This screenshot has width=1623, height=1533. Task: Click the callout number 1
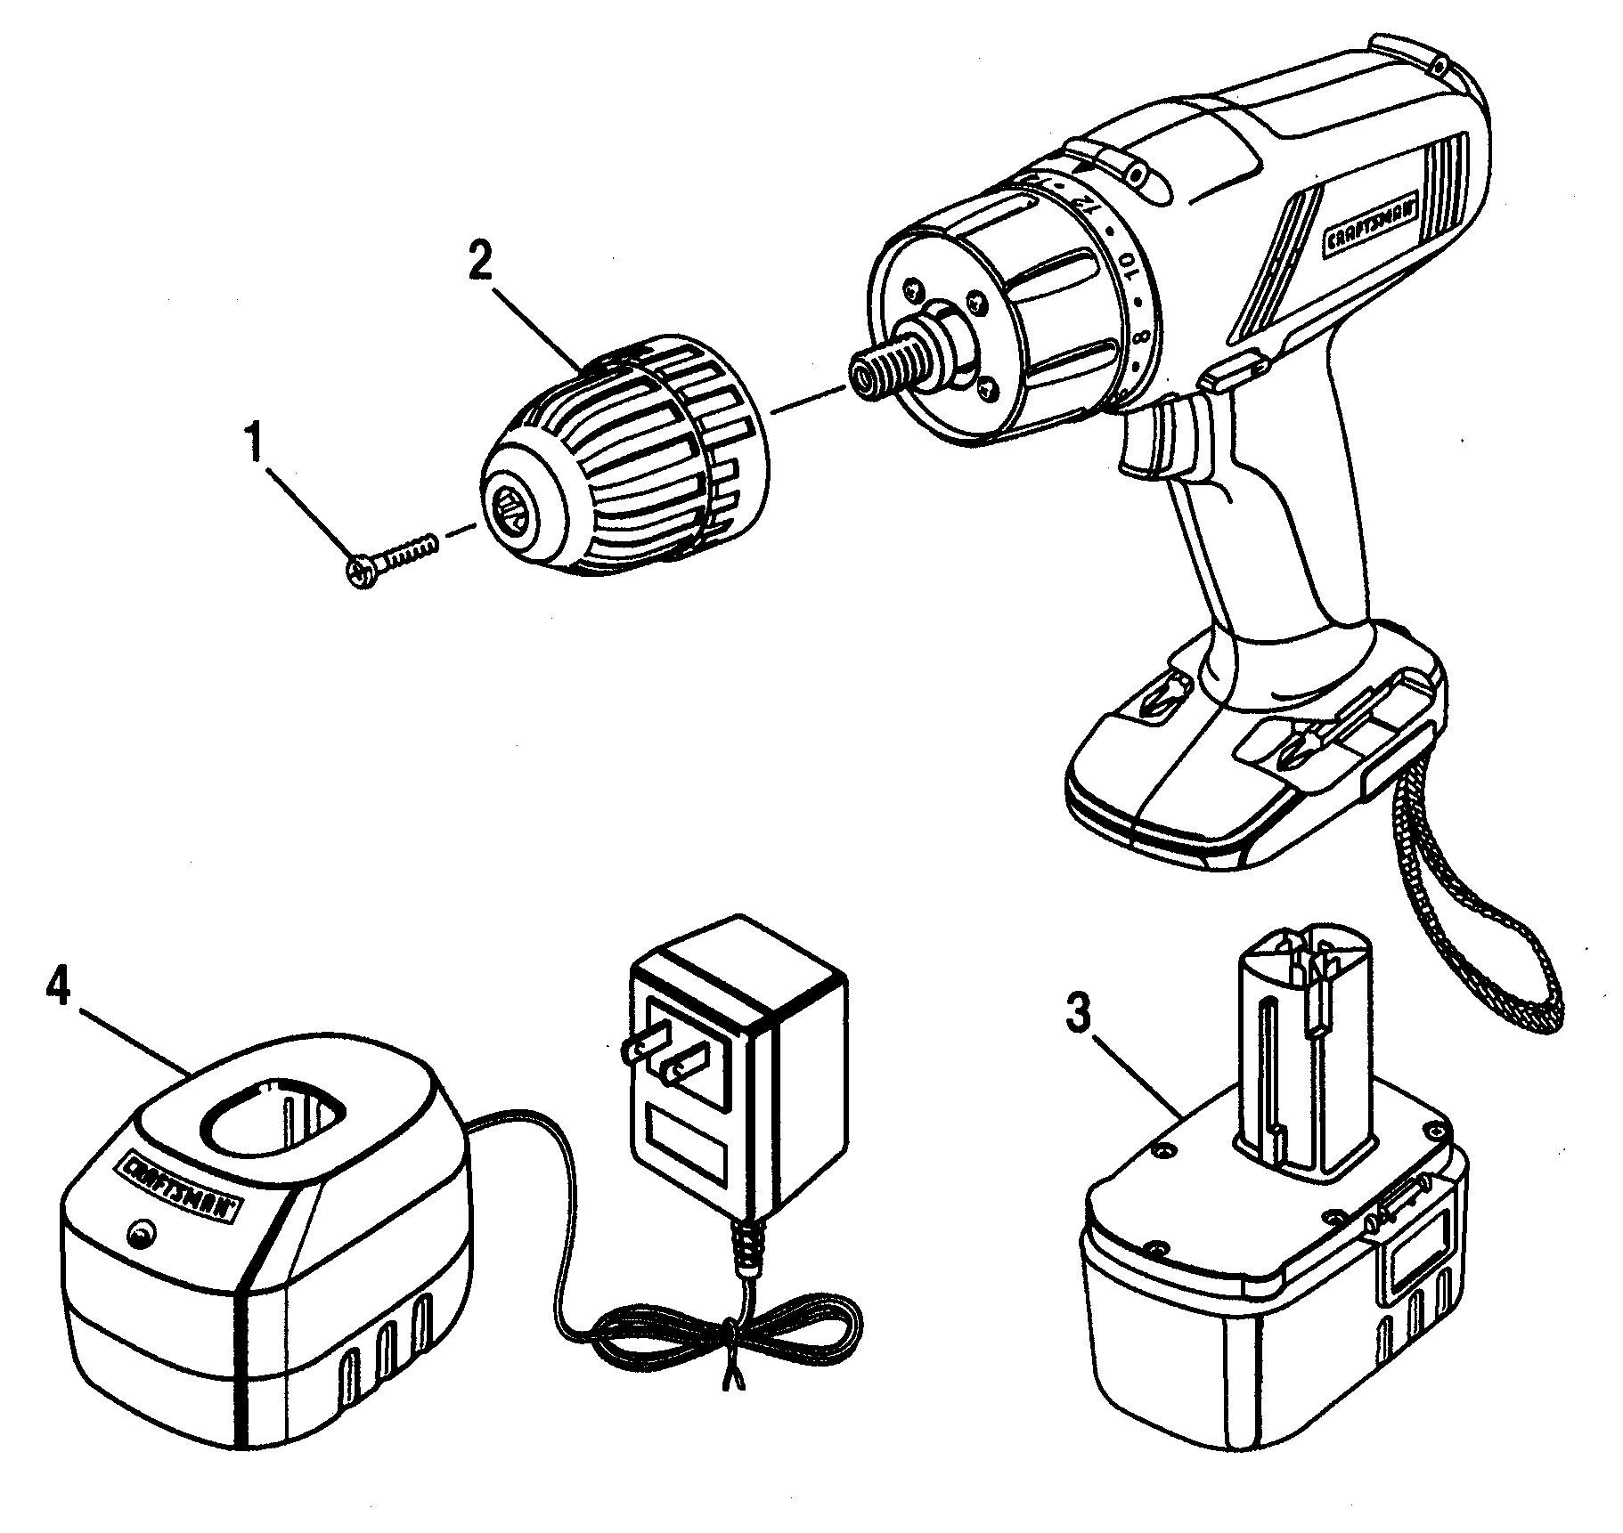[256, 442]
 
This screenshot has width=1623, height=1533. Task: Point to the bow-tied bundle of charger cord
[730, 1344]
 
